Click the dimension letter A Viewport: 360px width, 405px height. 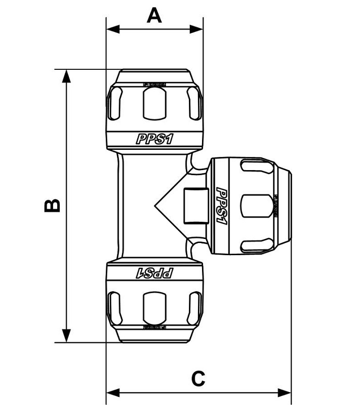tap(154, 15)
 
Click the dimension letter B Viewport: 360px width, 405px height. tap(52, 205)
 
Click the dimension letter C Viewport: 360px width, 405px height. tap(198, 378)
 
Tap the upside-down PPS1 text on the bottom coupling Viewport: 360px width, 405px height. tap(154, 273)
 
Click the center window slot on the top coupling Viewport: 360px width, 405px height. tap(154, 103)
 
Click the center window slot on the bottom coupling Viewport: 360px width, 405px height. tap(154, 308)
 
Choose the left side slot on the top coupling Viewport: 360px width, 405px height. tap(115, 103)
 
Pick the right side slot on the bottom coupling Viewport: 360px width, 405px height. tap(194, 308)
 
